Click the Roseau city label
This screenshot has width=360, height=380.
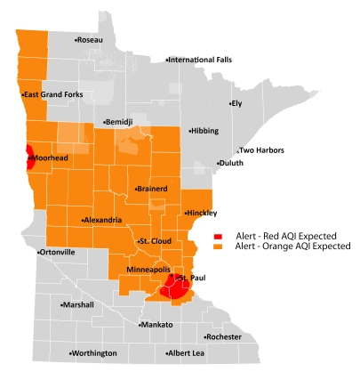89,40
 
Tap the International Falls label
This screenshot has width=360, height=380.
198,60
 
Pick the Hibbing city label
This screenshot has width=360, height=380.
203,131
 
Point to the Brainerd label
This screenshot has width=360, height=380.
153,190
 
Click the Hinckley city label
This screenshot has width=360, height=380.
201,214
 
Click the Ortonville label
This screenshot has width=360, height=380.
57,253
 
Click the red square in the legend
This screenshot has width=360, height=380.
218,235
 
